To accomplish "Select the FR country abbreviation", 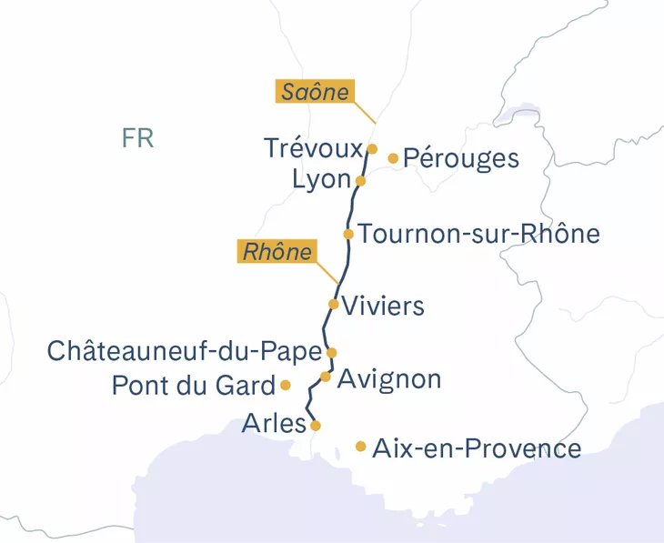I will pyautogui.click(x=137, y=138).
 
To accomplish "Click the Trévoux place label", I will pyautogui.click(x=313, y=148).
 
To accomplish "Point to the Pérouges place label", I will pyautogui.click(x=460, y=158).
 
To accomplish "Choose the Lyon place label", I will pyautogui.click(x=321, y=180).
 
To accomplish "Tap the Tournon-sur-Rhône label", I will pyautogui.click(x=479, y=234).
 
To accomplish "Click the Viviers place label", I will pyautogui.click(x=386, y=306).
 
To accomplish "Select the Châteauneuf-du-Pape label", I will pyautogui.click(x=185, y=351).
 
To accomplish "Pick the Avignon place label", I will pyautogui.click(x=389, y=377).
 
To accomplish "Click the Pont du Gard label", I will pyautogui.click(x=193, y=386).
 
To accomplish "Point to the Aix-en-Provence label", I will pyautogui.click(x=477, y=447).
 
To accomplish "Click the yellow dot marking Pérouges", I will pyautogui.click(x=393, y=158).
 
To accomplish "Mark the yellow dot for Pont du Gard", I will pyautogui.click(x=285, y=385).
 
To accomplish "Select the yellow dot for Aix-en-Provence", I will pyautogui.click(x=361, y=446).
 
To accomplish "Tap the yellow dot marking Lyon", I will pyautogui.click(x=360, y=181).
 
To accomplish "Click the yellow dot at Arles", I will pyautogui.click(x=315, y=425).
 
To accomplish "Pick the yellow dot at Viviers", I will pyautogui.click(x=334, y=304).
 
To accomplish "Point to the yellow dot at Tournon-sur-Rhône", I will pyautogui.click(x=348, y=234).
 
